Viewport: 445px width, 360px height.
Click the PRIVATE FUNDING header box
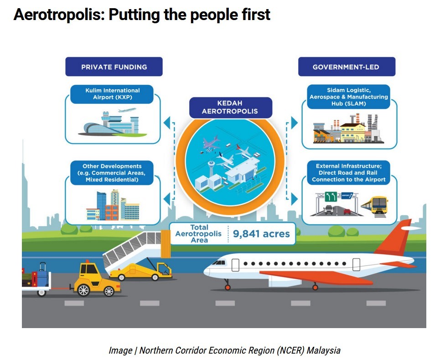(114, 67)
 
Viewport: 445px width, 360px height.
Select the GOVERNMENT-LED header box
(347, 67)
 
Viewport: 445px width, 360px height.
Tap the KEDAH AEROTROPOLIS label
(230, 108)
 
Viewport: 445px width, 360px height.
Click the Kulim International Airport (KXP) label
(112, 94)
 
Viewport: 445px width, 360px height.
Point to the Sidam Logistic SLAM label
(349, 97)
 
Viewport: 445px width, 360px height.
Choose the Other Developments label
(112, 173)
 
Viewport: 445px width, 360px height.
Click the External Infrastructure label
(349, 173)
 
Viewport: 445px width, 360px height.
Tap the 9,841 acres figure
(261, 234)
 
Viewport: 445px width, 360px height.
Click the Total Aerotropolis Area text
(199, 234)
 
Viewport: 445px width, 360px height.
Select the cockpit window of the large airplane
(219, 263)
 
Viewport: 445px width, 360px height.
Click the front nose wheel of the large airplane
(228, 288)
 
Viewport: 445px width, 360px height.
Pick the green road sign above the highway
(331, 196)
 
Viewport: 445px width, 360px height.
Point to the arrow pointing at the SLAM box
(295, 123)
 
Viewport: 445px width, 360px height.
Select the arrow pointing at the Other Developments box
(167, 199)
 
